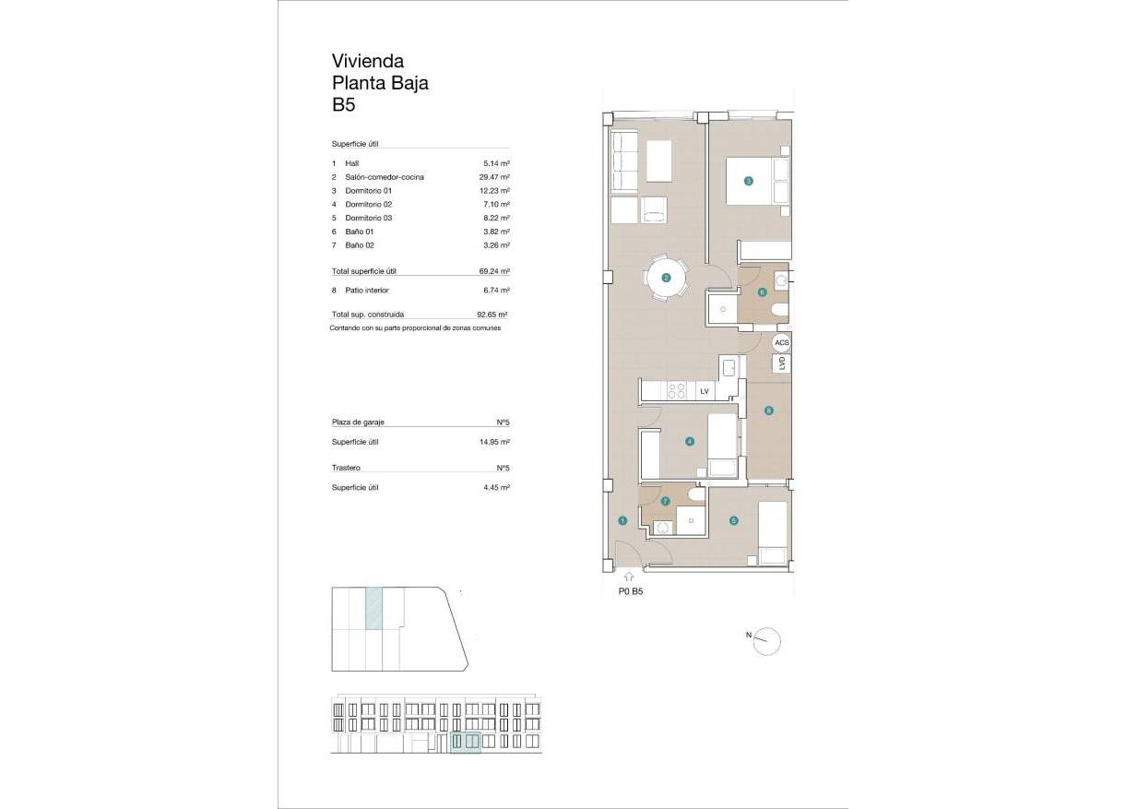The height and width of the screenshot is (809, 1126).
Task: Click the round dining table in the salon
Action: click(x=666, y=277)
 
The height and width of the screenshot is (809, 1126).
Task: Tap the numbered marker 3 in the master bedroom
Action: click(x=749, y=181)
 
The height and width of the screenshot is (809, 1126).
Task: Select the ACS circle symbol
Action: click(x=782, y=342)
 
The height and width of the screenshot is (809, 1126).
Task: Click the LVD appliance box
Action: click(x=782, y=363)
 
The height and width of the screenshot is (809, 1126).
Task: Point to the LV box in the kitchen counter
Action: click(x=705, y=392)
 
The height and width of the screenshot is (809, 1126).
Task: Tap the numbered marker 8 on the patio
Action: click(x=768, y=410)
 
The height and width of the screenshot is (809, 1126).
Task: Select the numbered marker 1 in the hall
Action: click(x=622, y=521)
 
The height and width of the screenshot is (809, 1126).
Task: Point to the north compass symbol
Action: click(x=767, y=639)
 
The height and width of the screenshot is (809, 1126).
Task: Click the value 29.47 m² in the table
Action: click(x=495, y=176)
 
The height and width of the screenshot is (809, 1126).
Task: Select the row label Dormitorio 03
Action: click(x=368, y=218)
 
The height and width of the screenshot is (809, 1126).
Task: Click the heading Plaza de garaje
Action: click(x=358, y=422)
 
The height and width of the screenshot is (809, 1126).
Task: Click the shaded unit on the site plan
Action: click(x=373, y=610)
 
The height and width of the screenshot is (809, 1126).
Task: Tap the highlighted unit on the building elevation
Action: click(x=466, y=742)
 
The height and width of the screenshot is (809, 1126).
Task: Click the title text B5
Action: click(x=344, y=105)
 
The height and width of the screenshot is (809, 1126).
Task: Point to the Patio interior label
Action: click(x=366, y=290)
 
